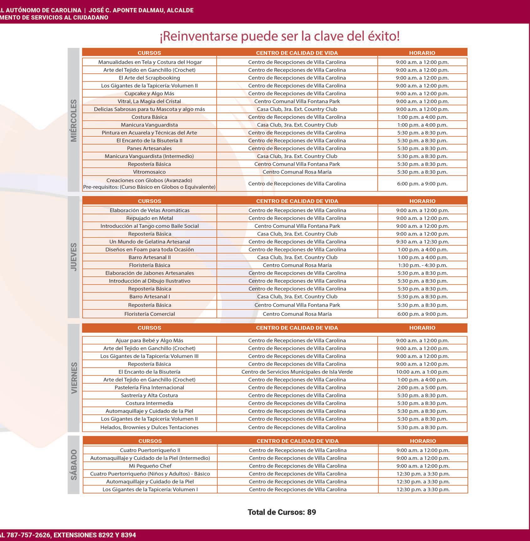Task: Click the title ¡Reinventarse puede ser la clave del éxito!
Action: pyautogui.click(x=280, y=36)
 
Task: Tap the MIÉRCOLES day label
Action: pyautogui.click(x=74, y=120)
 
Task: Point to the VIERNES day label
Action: pyautogui.click(x=74, y=378)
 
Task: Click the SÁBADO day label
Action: pyautogui.click(x=74, y=464)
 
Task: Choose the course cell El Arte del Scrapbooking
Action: pyautogui.click(x=149, y=78)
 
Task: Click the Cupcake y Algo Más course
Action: pyautogui.click(x=149, y=93)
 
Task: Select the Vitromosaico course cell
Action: pyautogui.click(x=149, y=172)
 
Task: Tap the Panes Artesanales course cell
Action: pyautogui.click(x=149, y=148)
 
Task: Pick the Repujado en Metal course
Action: pyautogui.click(x=150, y=218)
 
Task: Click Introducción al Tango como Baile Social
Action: pyautogui.click(x=150, y=226)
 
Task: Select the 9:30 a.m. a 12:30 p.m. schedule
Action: pyautogui.click(x=422, y=242)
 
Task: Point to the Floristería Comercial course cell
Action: pyautogui.click(x=150, y=314)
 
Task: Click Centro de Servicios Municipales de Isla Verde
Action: pyautogui.click(x=297, y=372)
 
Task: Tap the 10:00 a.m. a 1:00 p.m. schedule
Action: pyautogui.click(x=422, y=372)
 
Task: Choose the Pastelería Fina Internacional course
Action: pyautogui.click(x=149, y=388)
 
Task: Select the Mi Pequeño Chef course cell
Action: pyautogui.click(x=150, y=466)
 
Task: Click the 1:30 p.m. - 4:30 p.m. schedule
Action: pyautogui.click(x=422, y=265)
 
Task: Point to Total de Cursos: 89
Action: pyautogui.click(x=282, y=512)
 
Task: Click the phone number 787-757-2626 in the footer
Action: pyautogui.click(x=28, y=535)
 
